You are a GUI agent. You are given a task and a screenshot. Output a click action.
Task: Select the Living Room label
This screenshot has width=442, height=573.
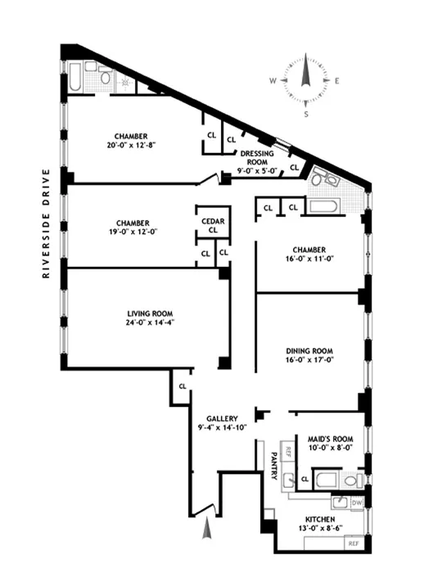(x=145, y=313)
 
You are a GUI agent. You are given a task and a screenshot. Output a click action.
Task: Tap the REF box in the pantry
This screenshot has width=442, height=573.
(x=288, y=452)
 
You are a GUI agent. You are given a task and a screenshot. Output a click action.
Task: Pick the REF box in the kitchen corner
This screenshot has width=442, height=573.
(x=353, y=543)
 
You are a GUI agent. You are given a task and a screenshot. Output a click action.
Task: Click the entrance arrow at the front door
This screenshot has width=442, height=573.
(x=207, y=530)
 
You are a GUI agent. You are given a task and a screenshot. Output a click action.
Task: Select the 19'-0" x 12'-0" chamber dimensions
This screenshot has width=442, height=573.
(x=132, y=232)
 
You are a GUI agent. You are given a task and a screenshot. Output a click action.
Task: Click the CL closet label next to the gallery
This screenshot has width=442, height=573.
(x=182, y=385)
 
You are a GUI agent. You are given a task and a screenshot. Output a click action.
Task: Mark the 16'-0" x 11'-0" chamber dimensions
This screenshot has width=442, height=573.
(x=307, y=259)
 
